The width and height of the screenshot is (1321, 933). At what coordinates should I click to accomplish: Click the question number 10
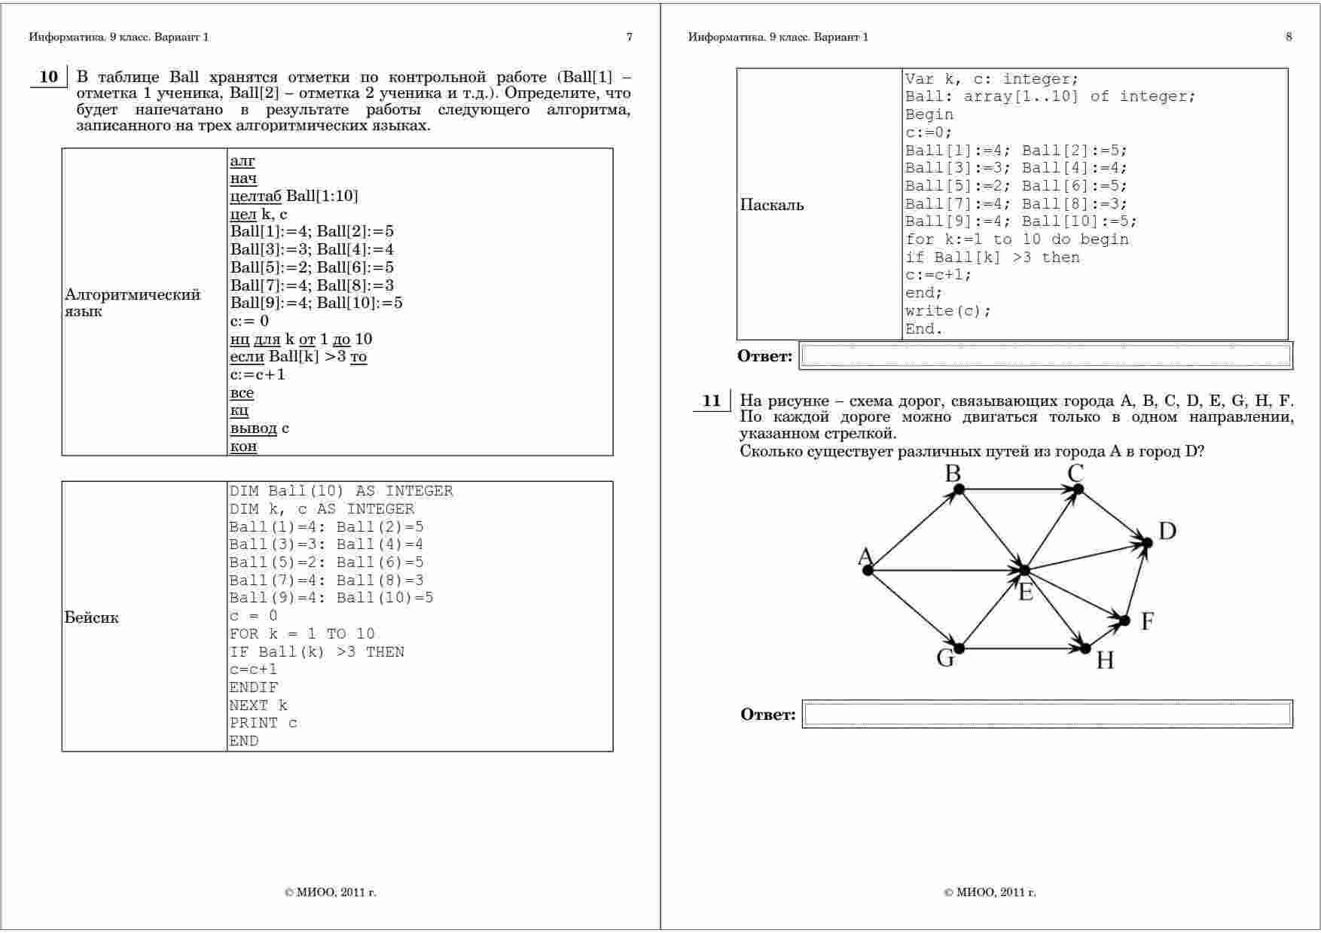pos(48,77)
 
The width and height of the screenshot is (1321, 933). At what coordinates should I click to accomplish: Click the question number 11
pos(711,401)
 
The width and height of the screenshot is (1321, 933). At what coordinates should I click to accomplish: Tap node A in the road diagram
pos(868,570)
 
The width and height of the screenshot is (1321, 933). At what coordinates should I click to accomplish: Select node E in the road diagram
pos(1024,570)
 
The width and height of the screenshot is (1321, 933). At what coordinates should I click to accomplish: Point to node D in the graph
pos(1147,542)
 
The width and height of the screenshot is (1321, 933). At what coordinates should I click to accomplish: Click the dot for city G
pos(959,648)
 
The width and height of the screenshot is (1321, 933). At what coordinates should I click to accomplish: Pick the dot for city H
pos(1085,648)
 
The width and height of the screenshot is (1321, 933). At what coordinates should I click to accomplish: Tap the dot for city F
pos(1124,620)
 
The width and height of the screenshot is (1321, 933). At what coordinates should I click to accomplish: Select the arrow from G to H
pos(1022,648)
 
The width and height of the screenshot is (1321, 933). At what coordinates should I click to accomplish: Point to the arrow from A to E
pos(945,570)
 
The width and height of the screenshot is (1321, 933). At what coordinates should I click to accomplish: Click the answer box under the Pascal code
pos(1045,355)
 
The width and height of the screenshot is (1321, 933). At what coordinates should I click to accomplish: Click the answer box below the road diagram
pos(1047,714)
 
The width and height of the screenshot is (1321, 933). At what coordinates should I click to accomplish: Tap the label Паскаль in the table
pos(772,205)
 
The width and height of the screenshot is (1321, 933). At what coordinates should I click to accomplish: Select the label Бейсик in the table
pos(91,617)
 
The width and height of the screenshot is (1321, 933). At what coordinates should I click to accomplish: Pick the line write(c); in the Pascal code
pos(948,311)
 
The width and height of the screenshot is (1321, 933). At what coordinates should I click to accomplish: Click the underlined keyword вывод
pos(254,428)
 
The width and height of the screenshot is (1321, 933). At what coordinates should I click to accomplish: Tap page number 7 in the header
pos(630,37)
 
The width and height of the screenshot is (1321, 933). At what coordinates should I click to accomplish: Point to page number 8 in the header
pos(1289,37)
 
